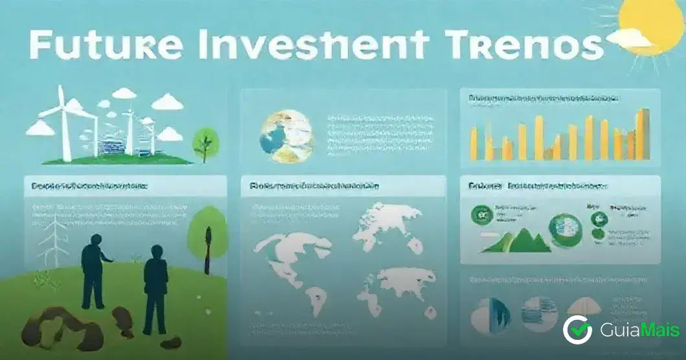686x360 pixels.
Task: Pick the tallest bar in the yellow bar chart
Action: pyautogui.click(x=642, y=133)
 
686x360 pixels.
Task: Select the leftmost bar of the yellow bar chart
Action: pyautogui.click(x=474, y=142)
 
